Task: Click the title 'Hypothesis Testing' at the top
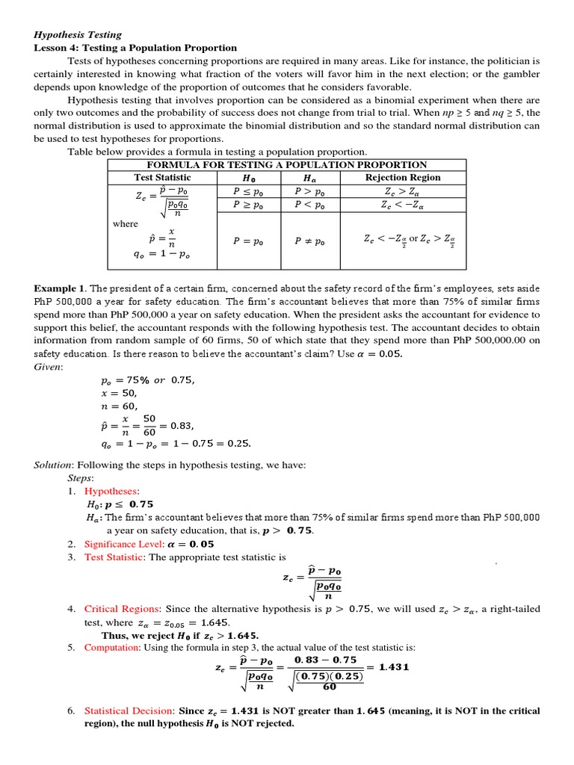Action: [78, 34]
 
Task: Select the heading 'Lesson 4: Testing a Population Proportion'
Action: [135, 48]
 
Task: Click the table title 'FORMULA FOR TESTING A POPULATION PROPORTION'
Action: [287, 164]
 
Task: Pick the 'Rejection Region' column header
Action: [402, 178]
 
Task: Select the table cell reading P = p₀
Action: [248, 241]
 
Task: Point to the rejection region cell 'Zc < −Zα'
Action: [402, 204]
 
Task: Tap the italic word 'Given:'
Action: [49, 367]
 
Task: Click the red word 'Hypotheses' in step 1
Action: [111, 491]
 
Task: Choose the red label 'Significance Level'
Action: [123, 544]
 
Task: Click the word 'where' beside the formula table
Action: [126, 223]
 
